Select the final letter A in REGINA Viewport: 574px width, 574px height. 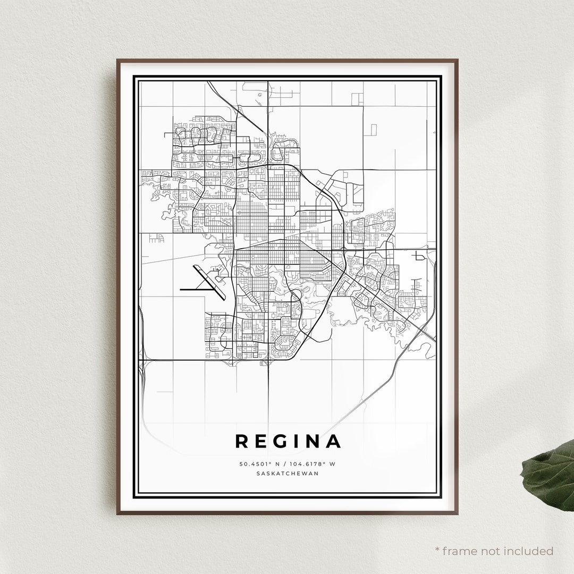click(333, 441)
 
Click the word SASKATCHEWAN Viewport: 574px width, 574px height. click(287, 474)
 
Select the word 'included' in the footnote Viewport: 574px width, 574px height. click(528, 551)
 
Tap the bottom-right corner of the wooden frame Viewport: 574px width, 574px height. click(458, 514)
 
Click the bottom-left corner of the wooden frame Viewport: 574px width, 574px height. click(118, 514)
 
